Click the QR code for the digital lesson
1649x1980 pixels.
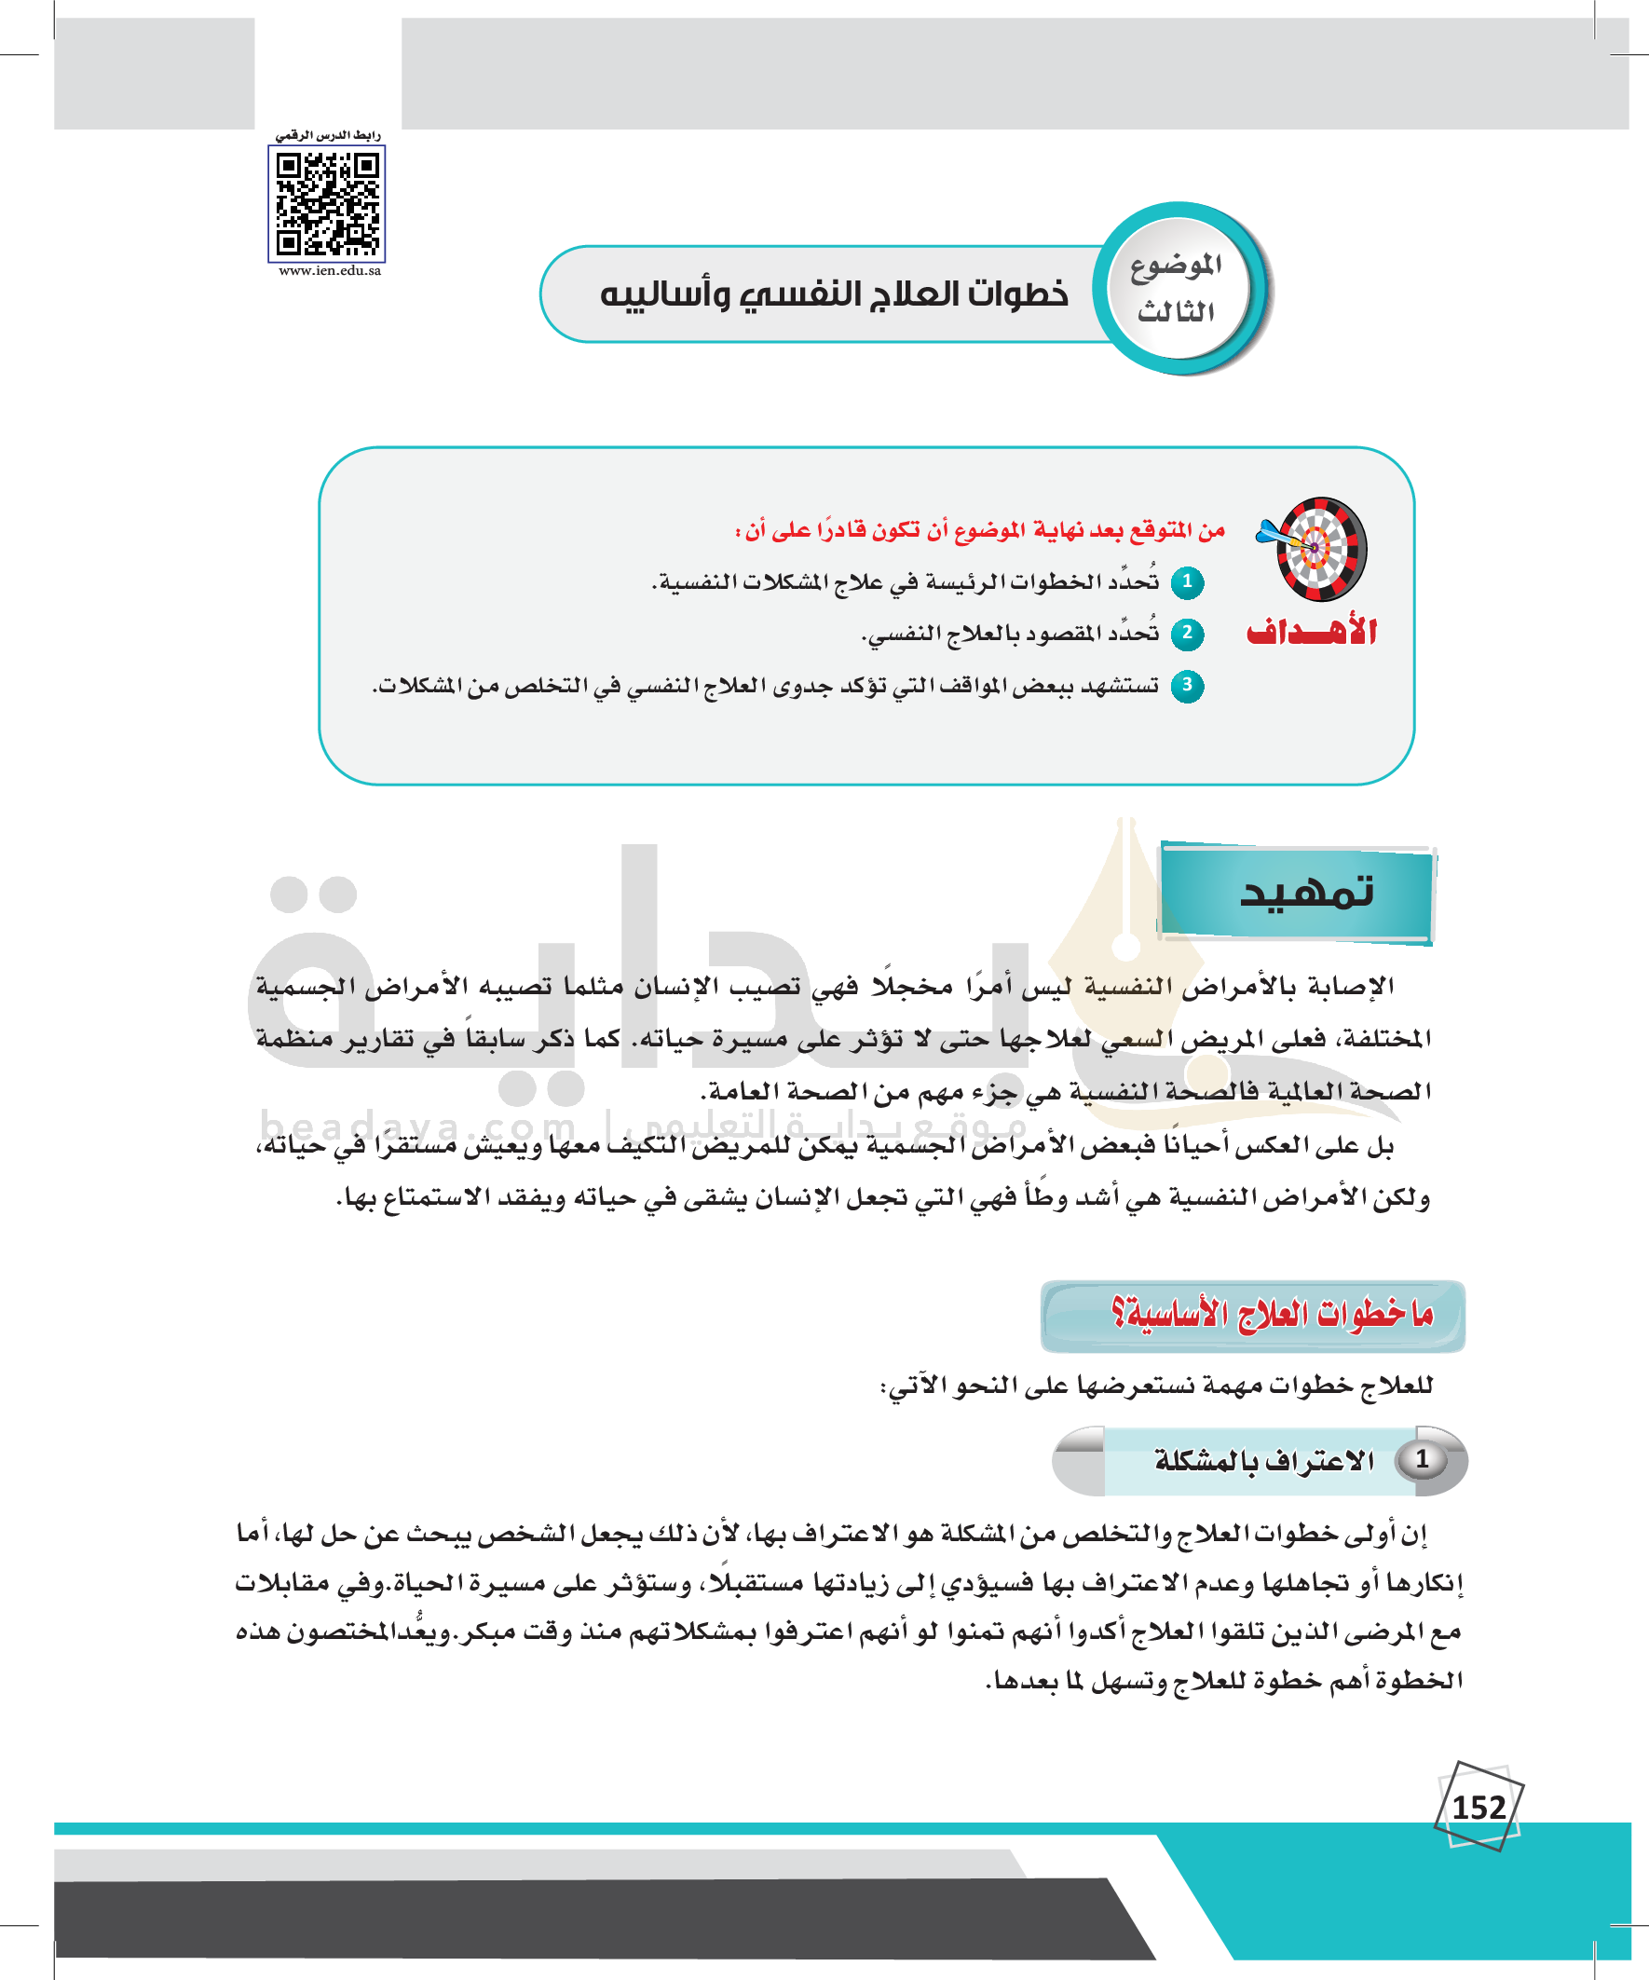[x=327, y=205]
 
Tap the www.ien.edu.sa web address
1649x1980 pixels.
[x=330, y=271]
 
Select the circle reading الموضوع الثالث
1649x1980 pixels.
[x=1177, y=289]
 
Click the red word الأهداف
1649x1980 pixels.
[x=1312, y=632]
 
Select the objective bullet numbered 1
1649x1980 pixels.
[x=1187, y=581]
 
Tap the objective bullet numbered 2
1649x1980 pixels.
[x=1187, y=633]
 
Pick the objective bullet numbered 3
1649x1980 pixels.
[x=1187, y=686]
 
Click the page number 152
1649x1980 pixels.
[x=1478, y=1808]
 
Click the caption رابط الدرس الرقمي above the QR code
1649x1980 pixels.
[x=328, y=136]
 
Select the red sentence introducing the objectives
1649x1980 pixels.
[x=980, y=531]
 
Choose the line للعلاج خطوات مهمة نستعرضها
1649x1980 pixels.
[x=1157, y=1385]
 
